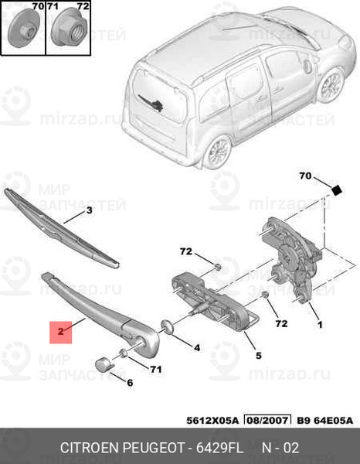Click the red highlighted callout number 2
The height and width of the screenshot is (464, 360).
tap(60, 332)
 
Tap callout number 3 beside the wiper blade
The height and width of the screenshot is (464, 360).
tap(89, 210)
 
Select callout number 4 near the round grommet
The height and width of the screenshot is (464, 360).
tap(197, 348)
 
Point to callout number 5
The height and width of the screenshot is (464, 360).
tap(259, 356)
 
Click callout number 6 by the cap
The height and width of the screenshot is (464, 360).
tap(130, 383)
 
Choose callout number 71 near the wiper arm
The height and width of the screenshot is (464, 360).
tap(156, 370)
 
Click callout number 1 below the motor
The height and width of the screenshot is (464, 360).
tap(320, 325)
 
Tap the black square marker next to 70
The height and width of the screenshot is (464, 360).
tap(336, 190)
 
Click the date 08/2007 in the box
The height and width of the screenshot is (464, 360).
tap(267, 420)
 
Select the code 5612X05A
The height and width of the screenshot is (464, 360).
tap(212, 421)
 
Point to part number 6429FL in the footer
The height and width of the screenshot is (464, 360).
tap(219, 448)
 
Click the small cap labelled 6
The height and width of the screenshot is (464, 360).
tap(104, 363)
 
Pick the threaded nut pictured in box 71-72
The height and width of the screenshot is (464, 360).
tap(69, 28)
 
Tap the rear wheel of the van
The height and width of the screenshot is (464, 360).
tap(217, 152)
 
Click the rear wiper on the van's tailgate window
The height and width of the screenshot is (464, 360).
tap(151, 104)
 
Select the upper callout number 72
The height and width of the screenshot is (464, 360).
tap(186, 251)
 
